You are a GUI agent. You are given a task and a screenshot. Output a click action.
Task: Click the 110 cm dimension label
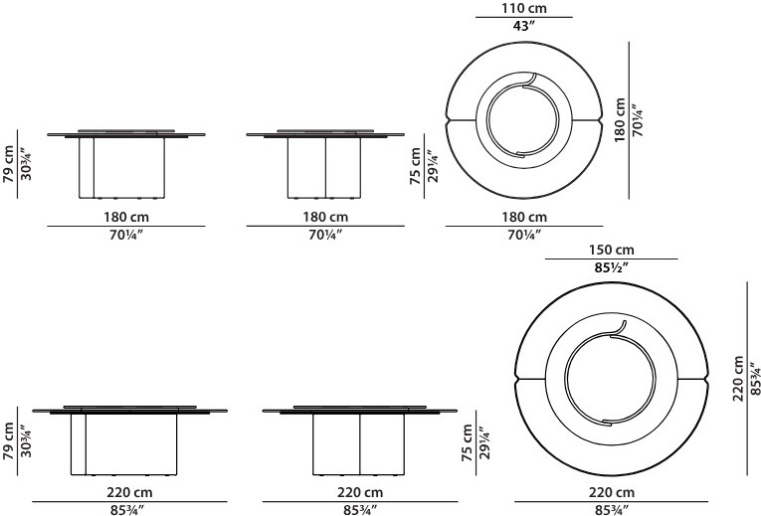(523, 8)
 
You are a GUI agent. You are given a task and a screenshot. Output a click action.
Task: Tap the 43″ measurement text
(523, 26)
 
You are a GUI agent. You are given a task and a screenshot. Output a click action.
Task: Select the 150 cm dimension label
(612, 250)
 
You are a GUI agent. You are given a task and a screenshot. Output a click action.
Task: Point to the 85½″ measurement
(612, 267)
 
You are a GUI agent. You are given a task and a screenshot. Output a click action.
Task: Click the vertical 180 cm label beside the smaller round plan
(620, 119)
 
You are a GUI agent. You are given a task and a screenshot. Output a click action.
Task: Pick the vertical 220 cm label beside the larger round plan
(738, 378)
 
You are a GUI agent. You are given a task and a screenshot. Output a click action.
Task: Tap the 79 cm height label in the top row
(8, 164)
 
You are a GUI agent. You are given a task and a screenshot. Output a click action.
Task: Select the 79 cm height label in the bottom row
(8, 440)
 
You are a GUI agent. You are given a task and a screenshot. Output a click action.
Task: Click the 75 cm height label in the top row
(416, 166)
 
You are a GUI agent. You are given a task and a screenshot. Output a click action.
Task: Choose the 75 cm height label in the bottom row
(467, 442)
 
